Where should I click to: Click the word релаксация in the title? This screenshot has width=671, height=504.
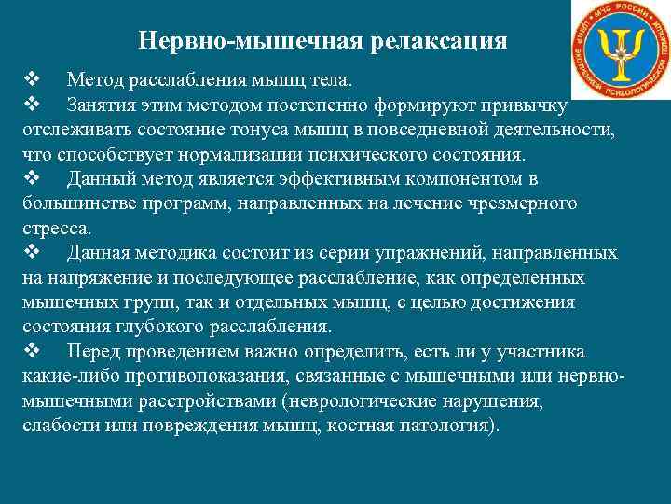439,42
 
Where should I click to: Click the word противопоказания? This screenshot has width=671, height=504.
212,377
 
